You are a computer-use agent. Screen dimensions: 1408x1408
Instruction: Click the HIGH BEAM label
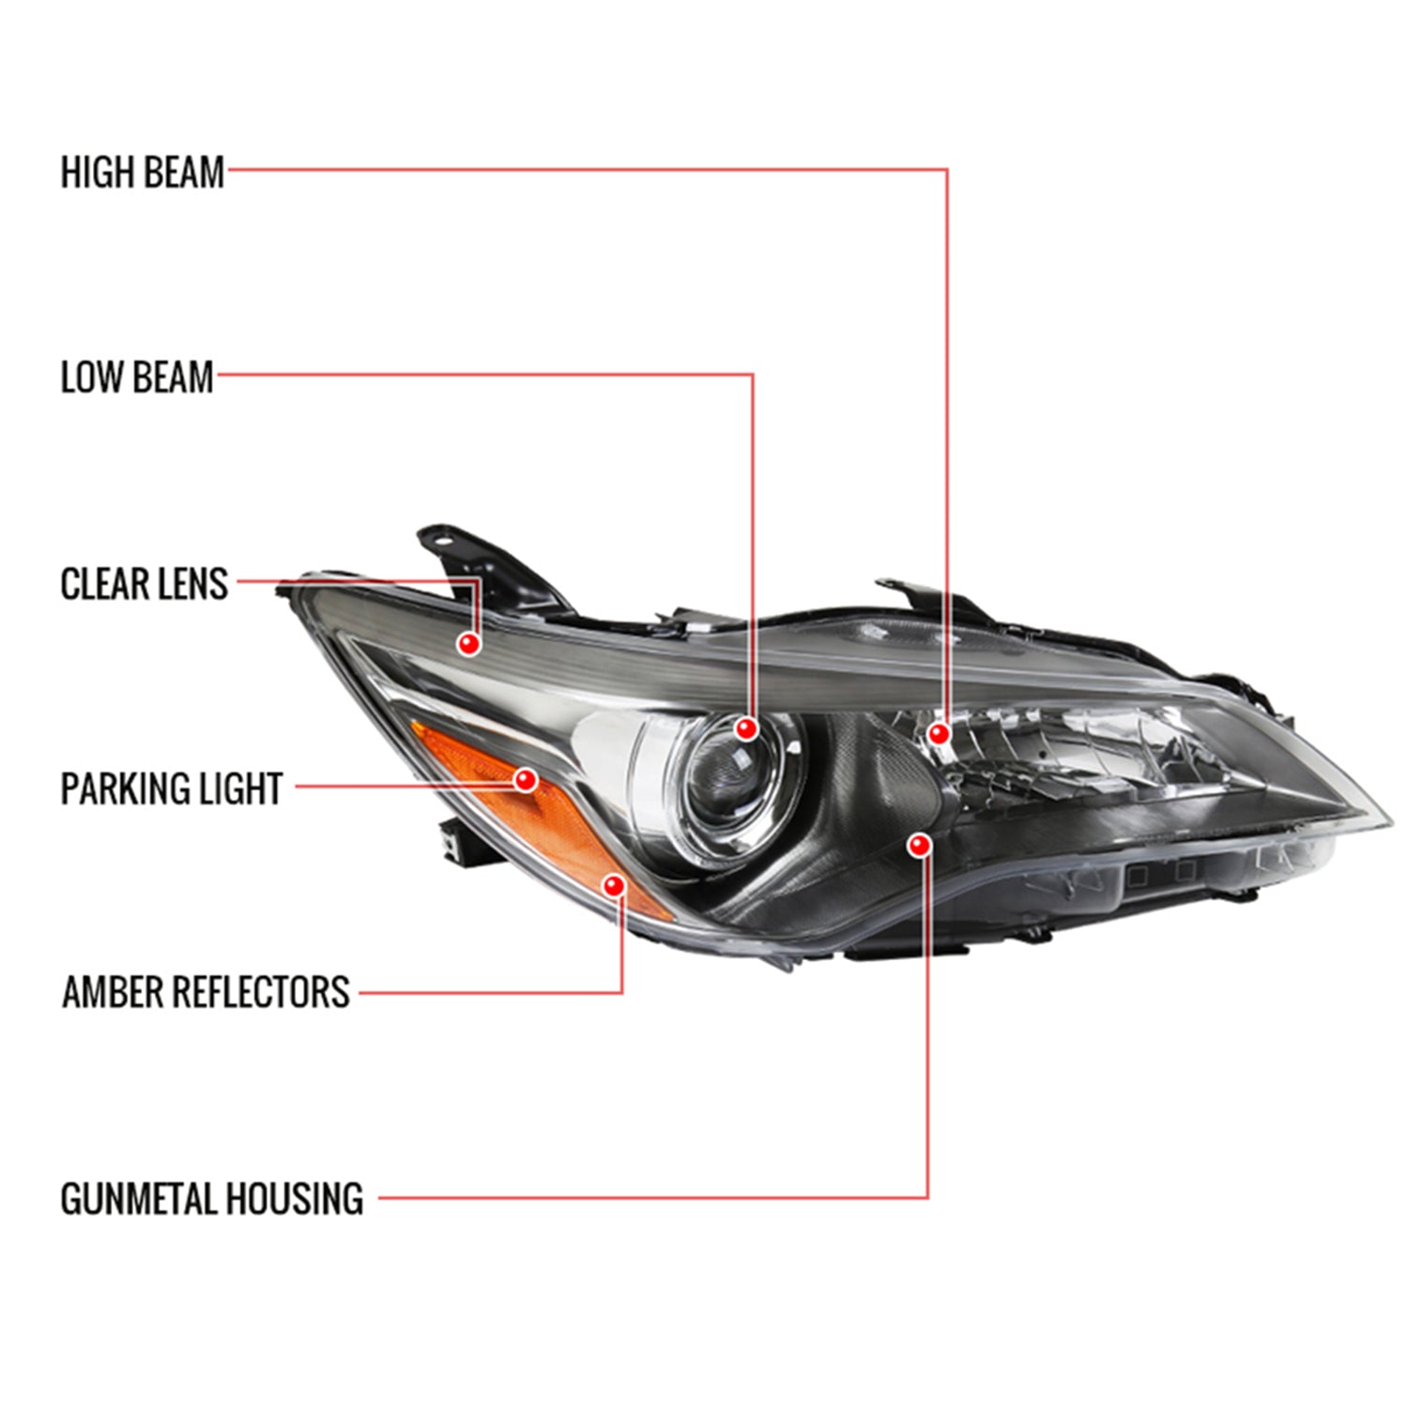coord(143,174)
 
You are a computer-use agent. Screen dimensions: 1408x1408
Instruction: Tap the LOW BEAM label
coord(137,377)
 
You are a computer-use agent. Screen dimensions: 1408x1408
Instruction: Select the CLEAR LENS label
coord(144,584)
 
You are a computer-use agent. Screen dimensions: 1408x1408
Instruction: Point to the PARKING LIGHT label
coord(171,788)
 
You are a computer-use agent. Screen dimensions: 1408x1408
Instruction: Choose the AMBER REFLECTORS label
coord(206,992)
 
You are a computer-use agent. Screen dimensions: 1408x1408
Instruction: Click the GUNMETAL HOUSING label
coord(211,1199)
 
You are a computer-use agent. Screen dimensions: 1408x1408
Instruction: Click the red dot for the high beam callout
coord(938,733)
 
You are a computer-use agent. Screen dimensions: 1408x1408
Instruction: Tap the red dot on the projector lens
coord(747,727)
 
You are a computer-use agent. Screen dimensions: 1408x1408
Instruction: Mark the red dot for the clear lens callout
coord(468,643)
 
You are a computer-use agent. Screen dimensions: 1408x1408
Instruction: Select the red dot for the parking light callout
coord(526,779)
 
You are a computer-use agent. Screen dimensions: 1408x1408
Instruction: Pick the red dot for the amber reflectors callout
coord(615,885)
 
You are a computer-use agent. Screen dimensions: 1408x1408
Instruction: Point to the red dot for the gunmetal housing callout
coord(919,846)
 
